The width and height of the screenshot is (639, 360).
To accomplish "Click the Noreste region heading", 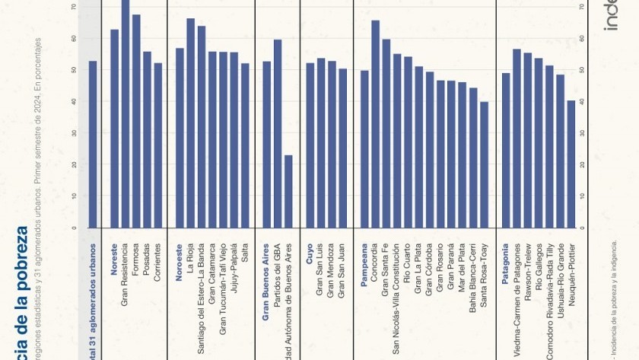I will point(114,260).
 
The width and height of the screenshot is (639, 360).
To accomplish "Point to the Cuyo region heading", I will point(309,253).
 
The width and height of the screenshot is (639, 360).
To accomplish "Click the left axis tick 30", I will point(74,132).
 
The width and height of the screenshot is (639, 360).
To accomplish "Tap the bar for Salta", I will point(245,145).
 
